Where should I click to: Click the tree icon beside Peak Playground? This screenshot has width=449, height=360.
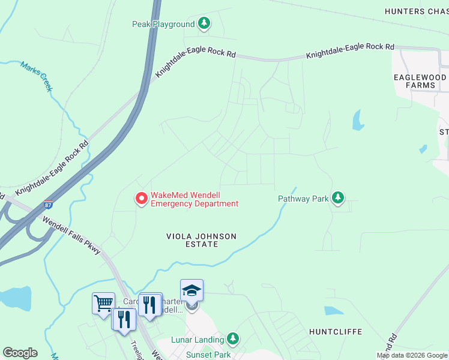pos(205,24)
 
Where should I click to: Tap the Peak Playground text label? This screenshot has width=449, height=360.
pos(163,24)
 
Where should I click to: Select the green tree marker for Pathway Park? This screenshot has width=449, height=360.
pos(338,198)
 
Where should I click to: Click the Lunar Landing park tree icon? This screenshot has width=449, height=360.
pos(233,340)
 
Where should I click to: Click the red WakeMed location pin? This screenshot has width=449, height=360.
pos(141,198)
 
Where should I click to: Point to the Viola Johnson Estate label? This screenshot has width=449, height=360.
pos(201,241)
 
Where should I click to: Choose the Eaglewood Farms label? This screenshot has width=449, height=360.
pos(420,82)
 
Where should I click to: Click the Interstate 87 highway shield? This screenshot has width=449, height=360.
pos(49,205)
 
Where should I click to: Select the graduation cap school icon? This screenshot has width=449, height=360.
pos(191,290)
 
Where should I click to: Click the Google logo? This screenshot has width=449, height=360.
pos(20,353)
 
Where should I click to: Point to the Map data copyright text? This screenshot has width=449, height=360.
pos(412,355)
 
